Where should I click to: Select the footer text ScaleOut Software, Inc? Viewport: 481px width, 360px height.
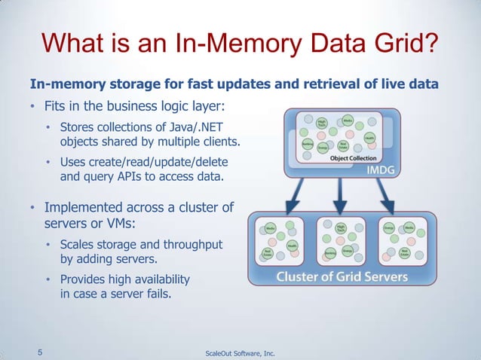[240, 351]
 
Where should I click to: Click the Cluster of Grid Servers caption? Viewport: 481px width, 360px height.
[342, 276]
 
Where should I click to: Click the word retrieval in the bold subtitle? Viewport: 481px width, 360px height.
[313, 83]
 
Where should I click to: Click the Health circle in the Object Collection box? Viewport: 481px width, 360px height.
[369, 137]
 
